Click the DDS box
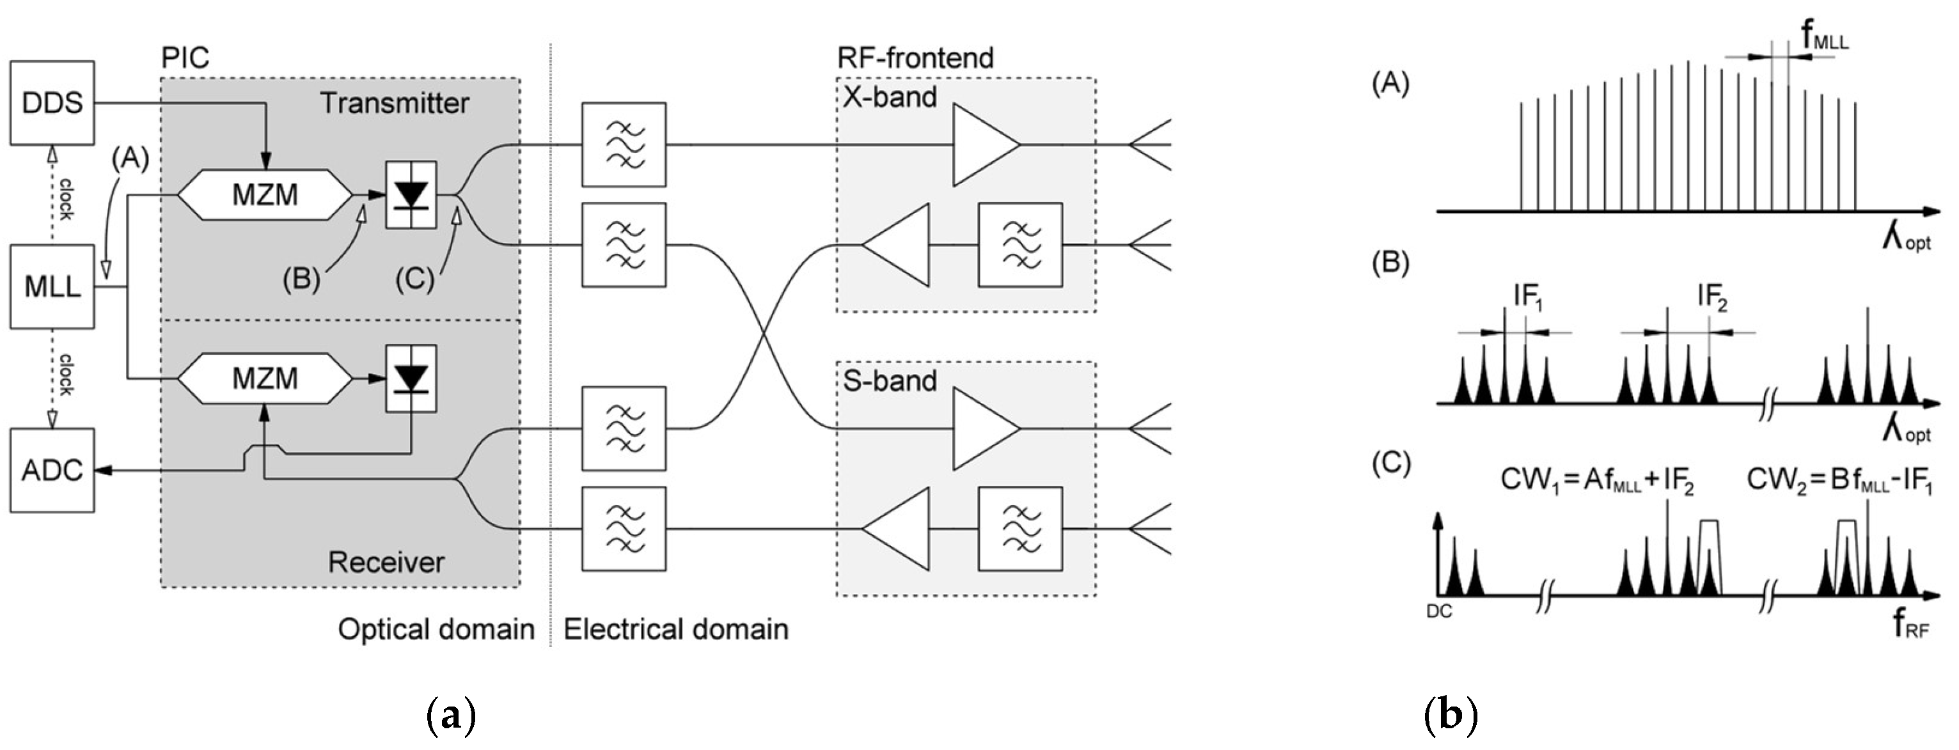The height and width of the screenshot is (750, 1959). (52, 103)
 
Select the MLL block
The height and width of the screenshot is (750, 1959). (52, 286)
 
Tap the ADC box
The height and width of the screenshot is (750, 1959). (52, 470)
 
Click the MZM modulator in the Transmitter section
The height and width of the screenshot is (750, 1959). (265, 195)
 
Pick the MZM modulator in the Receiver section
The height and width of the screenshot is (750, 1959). (265, 378)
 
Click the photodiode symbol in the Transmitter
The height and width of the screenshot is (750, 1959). (411, 195)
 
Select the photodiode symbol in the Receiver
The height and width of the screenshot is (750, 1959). (411, 378)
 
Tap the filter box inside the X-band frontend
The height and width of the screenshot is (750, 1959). (1020, 245)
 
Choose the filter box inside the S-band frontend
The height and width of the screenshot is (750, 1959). (1020, 529)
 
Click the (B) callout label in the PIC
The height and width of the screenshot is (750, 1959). (301, 280)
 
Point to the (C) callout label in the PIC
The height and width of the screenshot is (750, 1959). (414, 280)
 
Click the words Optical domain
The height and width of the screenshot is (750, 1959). (436, 630)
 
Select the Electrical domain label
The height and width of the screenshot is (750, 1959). (675, 630)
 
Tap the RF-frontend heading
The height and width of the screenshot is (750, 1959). (915, 58)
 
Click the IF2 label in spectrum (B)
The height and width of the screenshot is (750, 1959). (1712, 297)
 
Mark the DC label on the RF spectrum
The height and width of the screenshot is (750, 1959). (1439, 611)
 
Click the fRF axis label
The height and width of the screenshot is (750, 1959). (1910, 625)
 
